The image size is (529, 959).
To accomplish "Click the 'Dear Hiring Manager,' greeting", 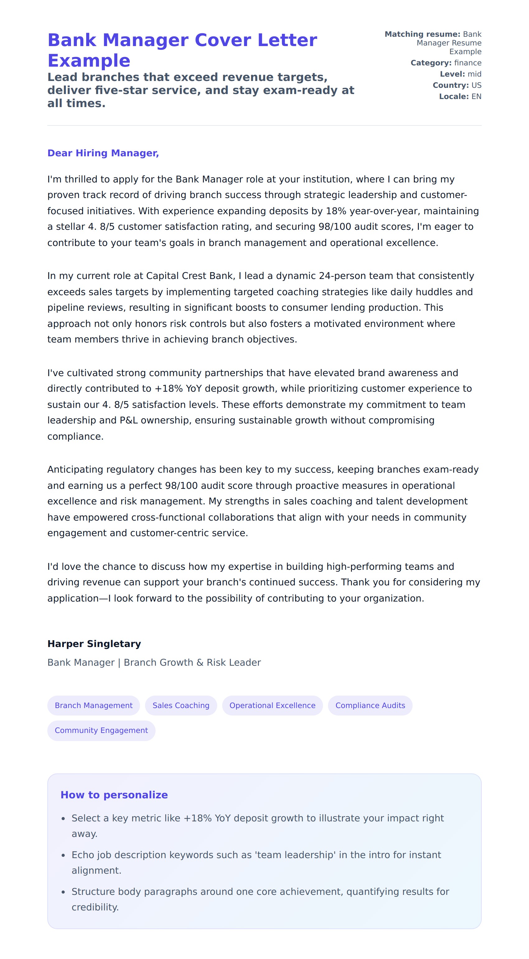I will (x=103, y=153).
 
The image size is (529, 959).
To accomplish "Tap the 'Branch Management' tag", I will (x=93, y=705).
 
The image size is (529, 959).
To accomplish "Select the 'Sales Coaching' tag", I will (x=181, y=705).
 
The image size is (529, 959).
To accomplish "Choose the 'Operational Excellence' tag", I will (x=272, y=705).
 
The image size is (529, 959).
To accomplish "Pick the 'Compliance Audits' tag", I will (x=370, y=705).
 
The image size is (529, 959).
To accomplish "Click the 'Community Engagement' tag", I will (x=101, y=730).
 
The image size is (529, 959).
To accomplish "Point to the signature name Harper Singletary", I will (x=94, y=644).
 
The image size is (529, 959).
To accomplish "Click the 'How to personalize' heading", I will (x=114, y=795).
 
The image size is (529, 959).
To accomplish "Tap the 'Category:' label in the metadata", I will (x=431, y=63).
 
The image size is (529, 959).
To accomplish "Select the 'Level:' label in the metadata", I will (x=452, y=74).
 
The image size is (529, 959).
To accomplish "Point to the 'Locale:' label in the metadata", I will (x=453, y=97).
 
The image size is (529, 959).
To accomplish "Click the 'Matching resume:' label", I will (x=422, y=34).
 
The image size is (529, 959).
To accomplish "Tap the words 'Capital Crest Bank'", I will (x=190, y=276).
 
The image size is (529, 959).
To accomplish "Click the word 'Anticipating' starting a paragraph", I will (x=76, y=470).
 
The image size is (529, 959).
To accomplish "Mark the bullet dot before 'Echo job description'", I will (x=63, y=855).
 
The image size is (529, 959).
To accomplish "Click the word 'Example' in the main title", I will (x=89, y=60).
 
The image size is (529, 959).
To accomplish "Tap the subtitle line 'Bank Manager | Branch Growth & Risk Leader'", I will (x=154, y=662).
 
